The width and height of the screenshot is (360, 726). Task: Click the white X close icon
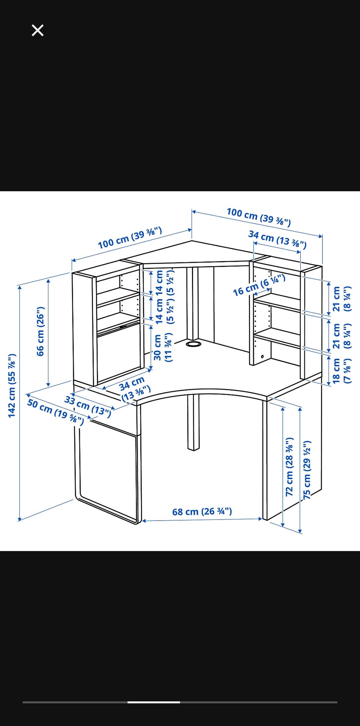point(37,30)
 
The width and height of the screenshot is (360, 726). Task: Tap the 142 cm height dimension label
point(12,385)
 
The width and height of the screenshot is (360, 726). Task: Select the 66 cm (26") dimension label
point(40,331)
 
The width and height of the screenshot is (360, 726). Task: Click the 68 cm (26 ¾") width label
point(202,511)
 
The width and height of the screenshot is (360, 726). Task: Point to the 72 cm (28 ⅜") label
point(289,467)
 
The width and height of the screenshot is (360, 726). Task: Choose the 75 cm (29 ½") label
point(307,470)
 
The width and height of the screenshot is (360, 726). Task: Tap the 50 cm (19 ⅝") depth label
point(55,412)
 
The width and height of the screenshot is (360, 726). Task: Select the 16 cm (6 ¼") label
point(259,285)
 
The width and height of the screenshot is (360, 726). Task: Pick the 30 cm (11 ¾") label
point(163,347)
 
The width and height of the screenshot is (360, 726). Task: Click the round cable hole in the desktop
point(193,343)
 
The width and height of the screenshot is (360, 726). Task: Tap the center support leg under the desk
point(193,422)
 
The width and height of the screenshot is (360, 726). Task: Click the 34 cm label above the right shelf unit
point(277,240)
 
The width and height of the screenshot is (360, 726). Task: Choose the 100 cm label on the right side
point(259,217)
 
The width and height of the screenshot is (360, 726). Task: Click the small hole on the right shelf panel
point(262,356)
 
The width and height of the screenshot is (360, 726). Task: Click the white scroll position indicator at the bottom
point(154,702)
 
